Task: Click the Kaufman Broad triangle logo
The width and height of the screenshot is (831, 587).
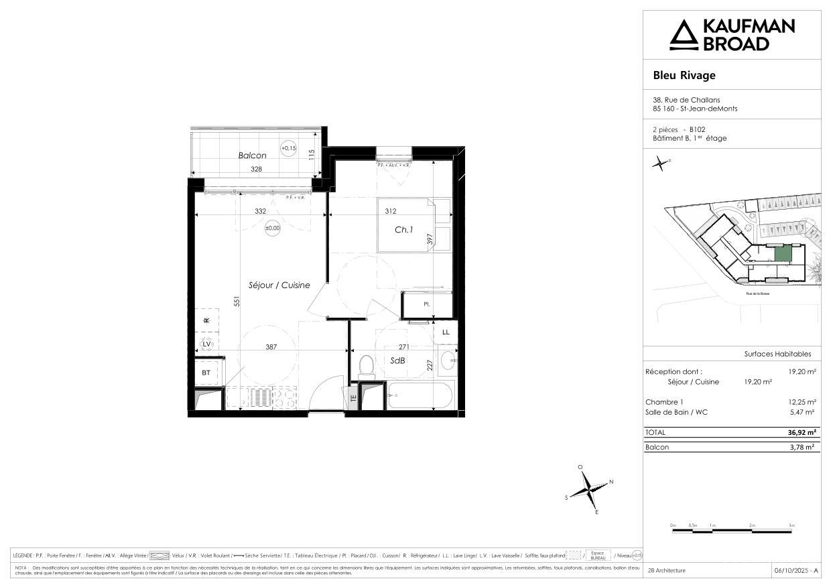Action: pyautogui.click(x=684, y=35)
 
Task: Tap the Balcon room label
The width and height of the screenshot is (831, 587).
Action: pyautogui.click(x=252, y=155)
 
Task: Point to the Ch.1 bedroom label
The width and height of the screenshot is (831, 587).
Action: pyautogui.click(x=403, y=230)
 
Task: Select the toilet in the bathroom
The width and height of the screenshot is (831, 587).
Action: pyautogui.click(x=366, y=366)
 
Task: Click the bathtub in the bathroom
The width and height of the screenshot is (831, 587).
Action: pyautogui.click(x=420, y=395)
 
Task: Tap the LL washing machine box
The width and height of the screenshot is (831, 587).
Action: pyautogui.click(x=446, y=332)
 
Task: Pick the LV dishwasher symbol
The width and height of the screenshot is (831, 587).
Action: pyautogui.click(x=206, y=344)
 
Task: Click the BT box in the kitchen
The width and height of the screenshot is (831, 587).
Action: pyautogui.click(x=206, y=373)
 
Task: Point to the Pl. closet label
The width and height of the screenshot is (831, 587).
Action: pyautogui.click(x=426, y=304)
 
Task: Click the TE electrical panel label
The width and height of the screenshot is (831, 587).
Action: pyautogui.click(x=353, y=397)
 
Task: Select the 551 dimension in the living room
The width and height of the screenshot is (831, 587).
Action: pyautogui.click(x=237, y=302)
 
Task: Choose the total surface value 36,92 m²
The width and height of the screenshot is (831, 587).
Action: pyautogui.click(x=802, y=433)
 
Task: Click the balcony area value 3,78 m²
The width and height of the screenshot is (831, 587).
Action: pyautogui.click(x=802, y=447)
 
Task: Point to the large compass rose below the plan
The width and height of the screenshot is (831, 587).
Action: pyautogui.click(x=588, y=491)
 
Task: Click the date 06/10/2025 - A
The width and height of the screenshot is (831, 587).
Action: pyautogui.click(x=795, y=570)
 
